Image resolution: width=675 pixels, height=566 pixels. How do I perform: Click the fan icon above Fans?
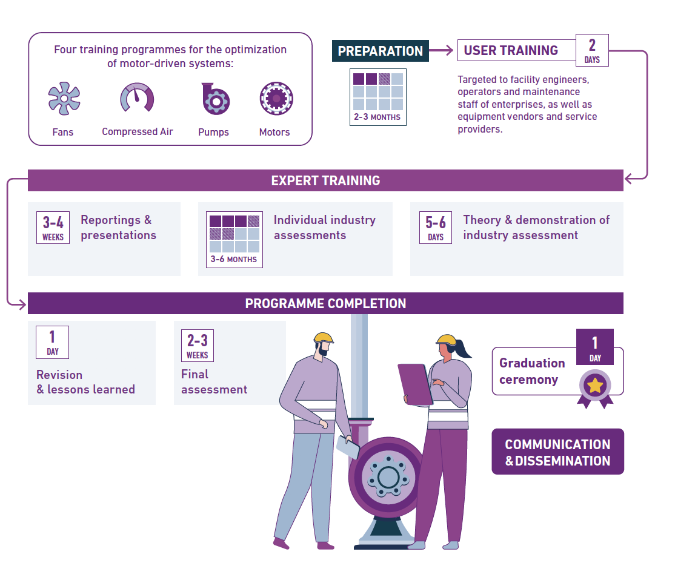coord(64,99)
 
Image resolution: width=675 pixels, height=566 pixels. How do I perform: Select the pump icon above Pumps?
coord(215,99)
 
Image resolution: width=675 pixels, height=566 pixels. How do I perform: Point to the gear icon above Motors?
coord(276,99)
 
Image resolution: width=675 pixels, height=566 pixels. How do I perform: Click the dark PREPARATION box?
coord(381,51)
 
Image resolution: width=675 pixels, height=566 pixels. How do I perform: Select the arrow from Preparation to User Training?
coord(441,50)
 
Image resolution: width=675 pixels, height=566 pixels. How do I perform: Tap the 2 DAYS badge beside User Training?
coord(593,50)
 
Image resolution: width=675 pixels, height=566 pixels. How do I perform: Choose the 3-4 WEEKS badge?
coord(53,228)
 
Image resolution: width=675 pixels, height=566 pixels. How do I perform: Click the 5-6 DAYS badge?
coord(436,228)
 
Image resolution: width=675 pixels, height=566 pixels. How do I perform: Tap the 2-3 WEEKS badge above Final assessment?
coord(198,346)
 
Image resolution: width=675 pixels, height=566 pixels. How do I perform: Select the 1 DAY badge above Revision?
coord(53,343)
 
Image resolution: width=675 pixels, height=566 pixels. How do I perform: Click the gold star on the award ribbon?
coord(595,386)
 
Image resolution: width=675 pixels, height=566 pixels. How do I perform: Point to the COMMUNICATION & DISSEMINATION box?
coord(558,452)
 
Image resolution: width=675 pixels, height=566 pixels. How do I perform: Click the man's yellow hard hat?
coord(324,338)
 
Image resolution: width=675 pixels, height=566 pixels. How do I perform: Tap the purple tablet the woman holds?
coord(415,384)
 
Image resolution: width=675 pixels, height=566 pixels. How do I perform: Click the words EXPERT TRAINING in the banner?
coord(325,180)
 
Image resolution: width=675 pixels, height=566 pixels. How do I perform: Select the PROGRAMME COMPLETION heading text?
coord(325,304)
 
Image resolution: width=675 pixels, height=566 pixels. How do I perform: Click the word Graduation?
coord(532,363)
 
